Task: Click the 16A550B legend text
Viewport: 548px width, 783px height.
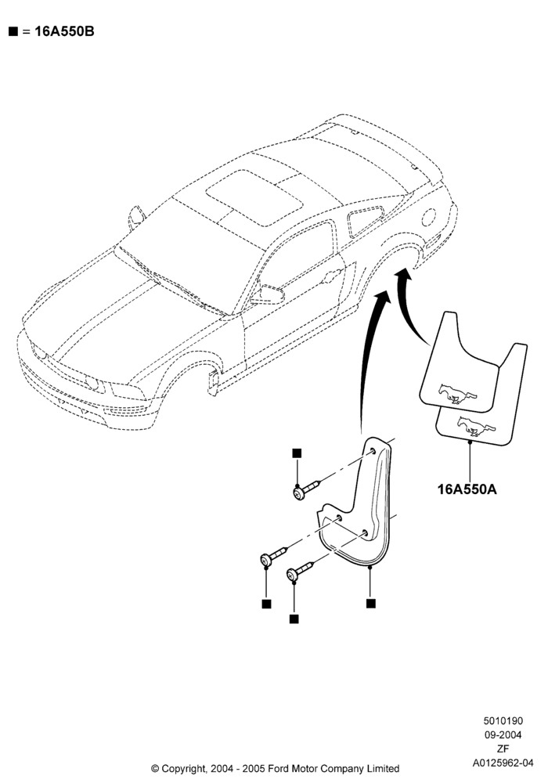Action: point(64,31)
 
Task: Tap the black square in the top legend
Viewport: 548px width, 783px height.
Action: point(13,31)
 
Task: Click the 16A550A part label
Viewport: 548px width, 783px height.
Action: point(467,489)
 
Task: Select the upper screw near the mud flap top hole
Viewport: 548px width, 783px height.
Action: point(306,489)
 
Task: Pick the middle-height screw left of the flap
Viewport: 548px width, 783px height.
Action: point(274,555)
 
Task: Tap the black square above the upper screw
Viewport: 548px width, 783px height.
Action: point(297,453)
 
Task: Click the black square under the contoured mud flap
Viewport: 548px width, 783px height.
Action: point(370,603)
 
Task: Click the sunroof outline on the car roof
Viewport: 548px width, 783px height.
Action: point(254,198)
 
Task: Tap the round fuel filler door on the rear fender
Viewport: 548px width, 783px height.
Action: point(428,216)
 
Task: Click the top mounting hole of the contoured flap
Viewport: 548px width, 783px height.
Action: point(373,452)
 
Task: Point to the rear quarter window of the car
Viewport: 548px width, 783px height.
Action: point(366,221)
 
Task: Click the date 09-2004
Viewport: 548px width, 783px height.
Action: point(503,734)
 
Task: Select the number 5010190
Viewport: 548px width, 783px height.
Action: point(503,720)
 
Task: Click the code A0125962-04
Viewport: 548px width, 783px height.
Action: point(503,763)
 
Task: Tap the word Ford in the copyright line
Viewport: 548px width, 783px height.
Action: point(279,769)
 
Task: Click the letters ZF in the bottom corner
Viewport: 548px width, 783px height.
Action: point(503,749)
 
